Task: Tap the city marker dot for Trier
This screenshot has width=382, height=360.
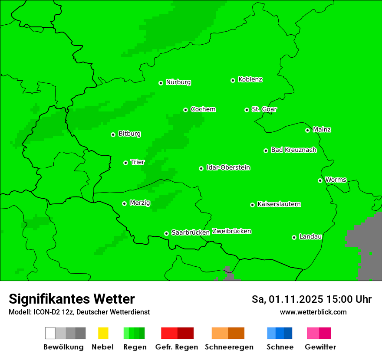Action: [125, 163]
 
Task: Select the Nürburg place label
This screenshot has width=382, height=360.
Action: [178, 82]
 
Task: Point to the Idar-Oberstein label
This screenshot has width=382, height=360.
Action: [228, 167]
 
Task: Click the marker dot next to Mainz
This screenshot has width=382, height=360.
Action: [307, 130]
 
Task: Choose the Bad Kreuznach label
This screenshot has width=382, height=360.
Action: [293, 150]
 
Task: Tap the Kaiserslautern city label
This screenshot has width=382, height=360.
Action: [279, 204]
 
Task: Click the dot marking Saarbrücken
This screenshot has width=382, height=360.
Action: [166, 233]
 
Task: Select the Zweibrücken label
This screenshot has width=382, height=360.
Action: [231, 231]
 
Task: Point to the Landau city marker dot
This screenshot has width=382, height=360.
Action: [294, 237]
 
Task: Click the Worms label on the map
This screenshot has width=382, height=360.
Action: [336, 180]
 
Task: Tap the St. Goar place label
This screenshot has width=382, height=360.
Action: [264, 109]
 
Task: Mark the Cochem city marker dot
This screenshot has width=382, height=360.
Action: [185, 110]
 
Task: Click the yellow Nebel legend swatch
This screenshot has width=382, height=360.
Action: [103, 333]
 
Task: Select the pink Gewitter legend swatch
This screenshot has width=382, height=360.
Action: [319, 333]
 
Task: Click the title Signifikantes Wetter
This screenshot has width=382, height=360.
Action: [72, 299]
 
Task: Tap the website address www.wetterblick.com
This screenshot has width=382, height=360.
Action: [313, 312]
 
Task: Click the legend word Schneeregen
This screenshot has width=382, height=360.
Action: [229, 347]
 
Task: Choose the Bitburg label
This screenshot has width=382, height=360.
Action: [129, 134]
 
